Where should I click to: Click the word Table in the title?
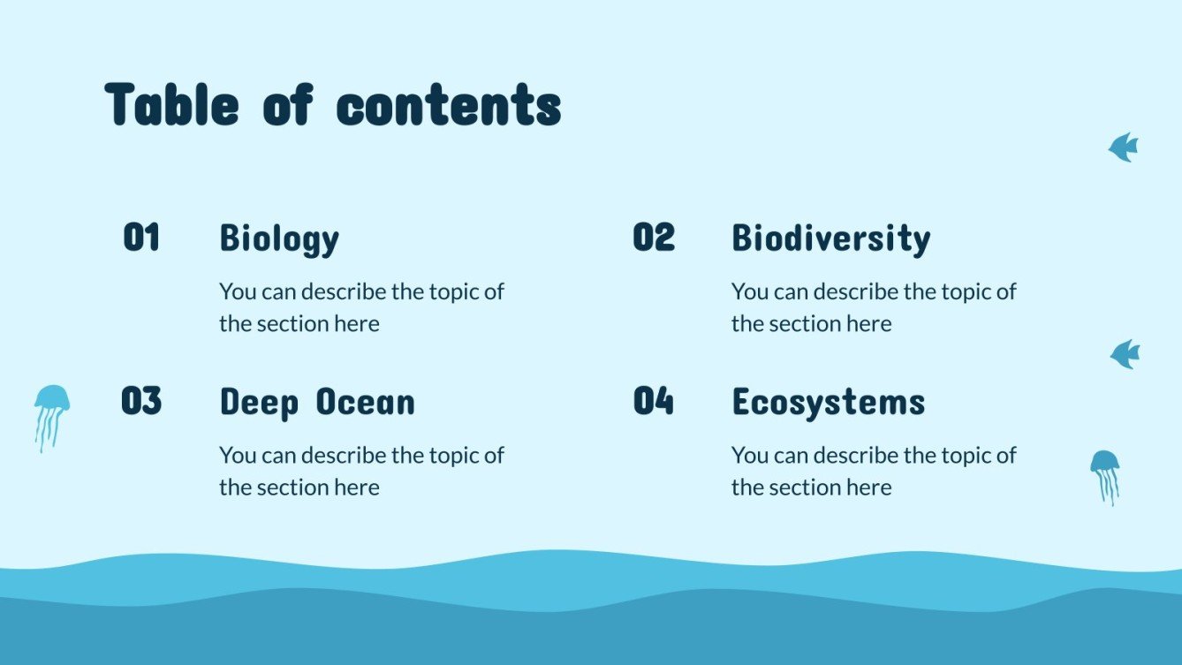171,104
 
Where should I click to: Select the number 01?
141,238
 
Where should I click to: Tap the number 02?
654,238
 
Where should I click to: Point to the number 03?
141,401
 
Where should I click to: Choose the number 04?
654,401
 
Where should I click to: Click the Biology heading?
279,239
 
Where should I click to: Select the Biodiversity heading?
830,239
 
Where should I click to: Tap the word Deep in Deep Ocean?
259,403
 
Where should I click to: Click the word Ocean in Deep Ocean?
365,403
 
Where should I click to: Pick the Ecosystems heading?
828,403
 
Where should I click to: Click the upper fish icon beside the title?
1124,147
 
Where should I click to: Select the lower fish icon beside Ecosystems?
1125,354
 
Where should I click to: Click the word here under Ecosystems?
868,487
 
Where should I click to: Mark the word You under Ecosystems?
748,456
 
